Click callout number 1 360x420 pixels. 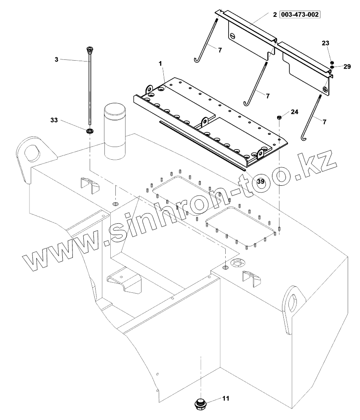160,63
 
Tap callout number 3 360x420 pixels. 56,60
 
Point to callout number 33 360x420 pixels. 54,120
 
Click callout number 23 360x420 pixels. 326,43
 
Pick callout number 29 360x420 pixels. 347,67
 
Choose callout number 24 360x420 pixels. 294,112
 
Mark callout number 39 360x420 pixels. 261,182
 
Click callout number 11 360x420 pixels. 226,398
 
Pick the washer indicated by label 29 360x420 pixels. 332,67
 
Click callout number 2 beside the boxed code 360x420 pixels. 275,15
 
